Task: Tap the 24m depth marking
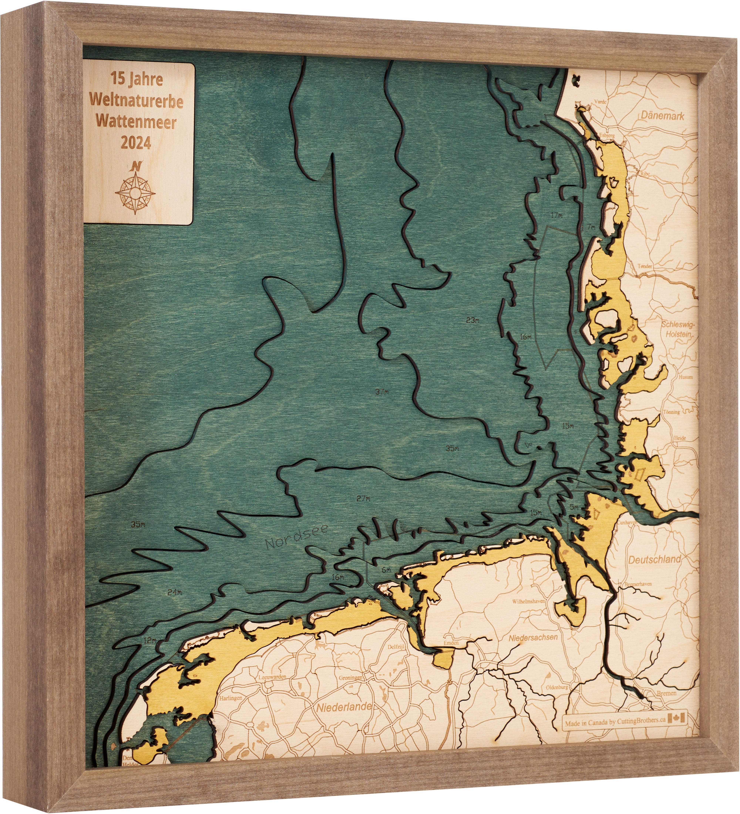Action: tap(175, 592)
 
